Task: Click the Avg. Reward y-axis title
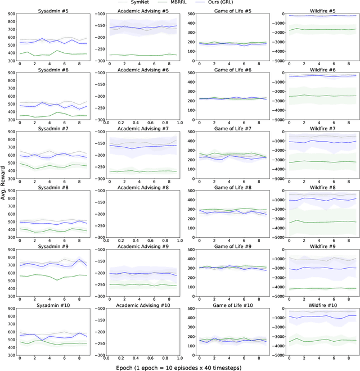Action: (x=4, y=185)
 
